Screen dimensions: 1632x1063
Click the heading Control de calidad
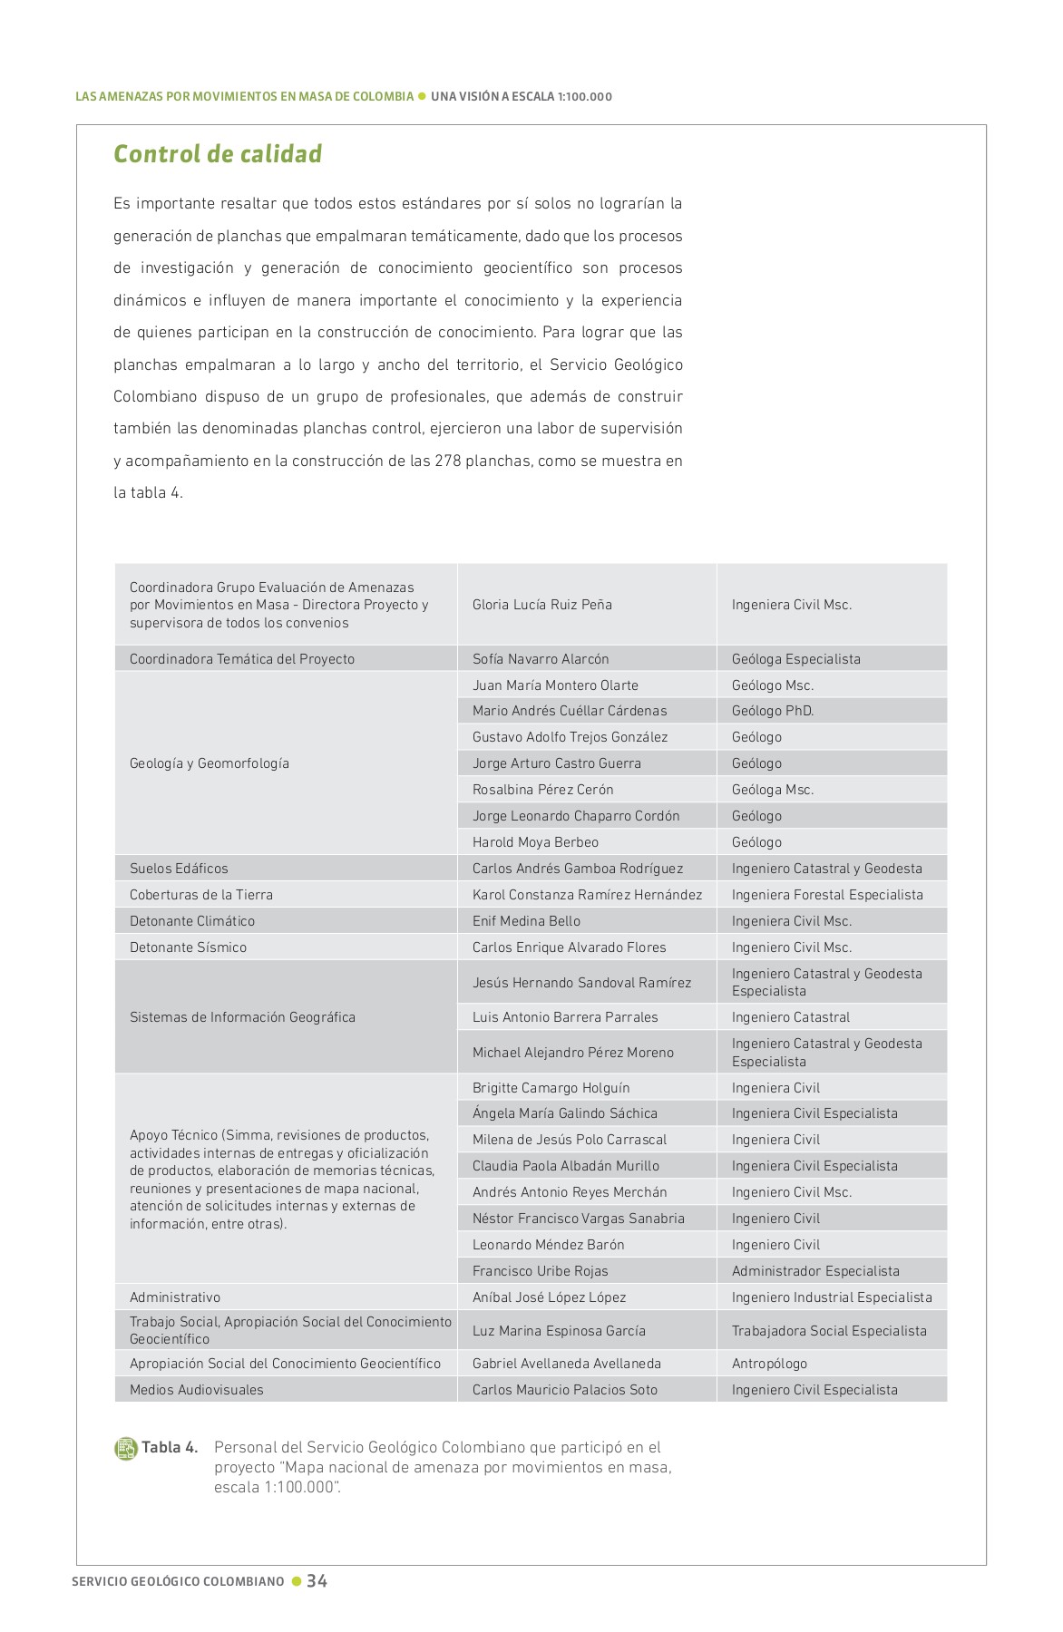[218, 154]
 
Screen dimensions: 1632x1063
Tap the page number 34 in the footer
[317, 1580]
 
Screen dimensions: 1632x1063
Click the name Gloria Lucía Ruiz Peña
[541, 605]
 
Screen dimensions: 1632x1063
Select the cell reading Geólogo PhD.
[772, 711]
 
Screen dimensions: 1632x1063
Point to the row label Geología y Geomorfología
[210, 763]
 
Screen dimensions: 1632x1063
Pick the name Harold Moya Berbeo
[535, 842]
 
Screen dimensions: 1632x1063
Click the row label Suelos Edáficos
[179, 869]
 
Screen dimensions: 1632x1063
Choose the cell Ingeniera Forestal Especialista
[827, 895]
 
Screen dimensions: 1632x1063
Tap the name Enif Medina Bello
[526, 921]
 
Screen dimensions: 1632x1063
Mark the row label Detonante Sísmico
[188, 947]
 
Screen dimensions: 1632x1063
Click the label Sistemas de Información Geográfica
[242, 1017]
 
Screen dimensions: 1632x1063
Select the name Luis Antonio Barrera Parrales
[565, 1017]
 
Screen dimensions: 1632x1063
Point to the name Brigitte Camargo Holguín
[551, 1088]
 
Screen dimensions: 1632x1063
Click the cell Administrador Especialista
[815, 1271]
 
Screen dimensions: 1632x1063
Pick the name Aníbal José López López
[549, 1297]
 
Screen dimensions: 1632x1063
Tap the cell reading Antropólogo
[769, 1364]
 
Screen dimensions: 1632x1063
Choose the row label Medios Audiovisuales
[196, 1390]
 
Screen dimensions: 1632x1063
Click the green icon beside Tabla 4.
[125, 1448]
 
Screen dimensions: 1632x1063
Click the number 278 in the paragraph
[448, 461]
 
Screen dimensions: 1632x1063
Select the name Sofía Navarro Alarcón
[541, 659]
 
